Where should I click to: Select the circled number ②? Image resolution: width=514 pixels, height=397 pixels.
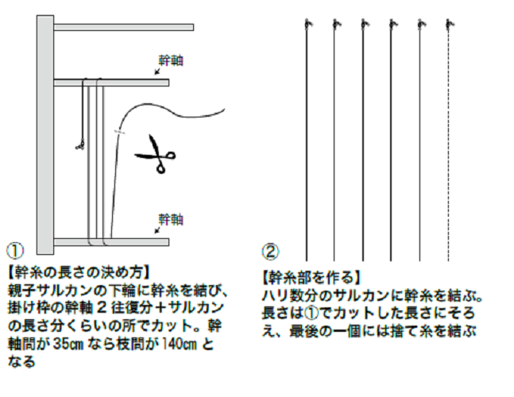[x=269, y=252]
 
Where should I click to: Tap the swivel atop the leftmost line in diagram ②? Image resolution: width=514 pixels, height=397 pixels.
[x=306, y=25]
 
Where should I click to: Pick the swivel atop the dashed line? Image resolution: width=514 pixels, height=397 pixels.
[x=449, y=25]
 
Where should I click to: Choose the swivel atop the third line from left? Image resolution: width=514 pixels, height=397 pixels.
[x=363, y=25]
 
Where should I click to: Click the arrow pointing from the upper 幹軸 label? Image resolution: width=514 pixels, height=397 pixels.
[x=160, y=71]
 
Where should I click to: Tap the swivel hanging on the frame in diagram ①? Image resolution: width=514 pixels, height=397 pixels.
[x=79, y=144]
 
